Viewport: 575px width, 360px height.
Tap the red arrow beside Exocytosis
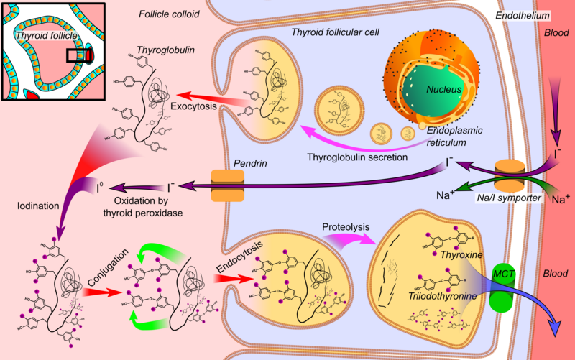(x=205, y=97)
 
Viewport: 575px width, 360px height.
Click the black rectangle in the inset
(x=75, y=55)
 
